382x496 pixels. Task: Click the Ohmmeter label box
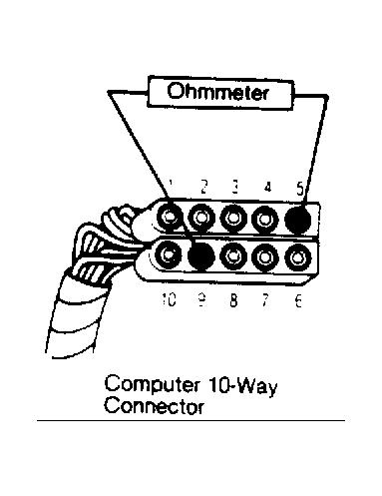220,93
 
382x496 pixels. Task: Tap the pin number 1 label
172,186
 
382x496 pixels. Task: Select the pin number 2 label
203,186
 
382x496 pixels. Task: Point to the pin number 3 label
234,186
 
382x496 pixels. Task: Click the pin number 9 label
200,298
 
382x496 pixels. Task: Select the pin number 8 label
232,298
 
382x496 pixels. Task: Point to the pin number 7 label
263,298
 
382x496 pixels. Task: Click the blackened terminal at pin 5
296,217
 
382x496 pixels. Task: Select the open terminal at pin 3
234,217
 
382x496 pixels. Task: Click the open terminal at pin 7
264,256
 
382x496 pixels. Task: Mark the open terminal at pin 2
203,217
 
